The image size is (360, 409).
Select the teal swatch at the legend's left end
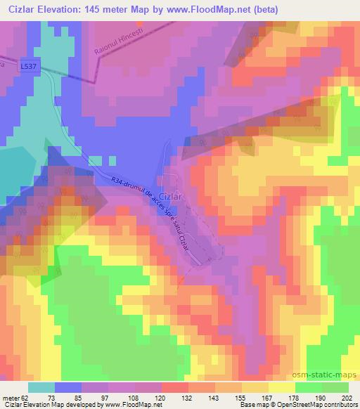pos(41,387)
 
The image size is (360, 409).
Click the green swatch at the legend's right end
pos(335,387)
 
